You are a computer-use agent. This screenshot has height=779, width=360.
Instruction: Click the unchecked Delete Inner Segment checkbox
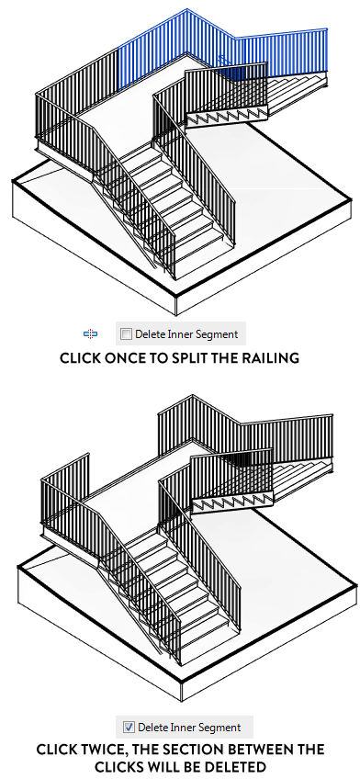(127, 334)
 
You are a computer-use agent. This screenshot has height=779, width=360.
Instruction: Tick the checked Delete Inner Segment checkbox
(129, 728)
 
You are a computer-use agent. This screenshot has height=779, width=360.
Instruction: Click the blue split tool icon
(90, 333)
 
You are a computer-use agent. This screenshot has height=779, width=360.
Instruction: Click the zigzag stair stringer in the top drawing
(228, 118)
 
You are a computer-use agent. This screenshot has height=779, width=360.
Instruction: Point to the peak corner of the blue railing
(186, 9)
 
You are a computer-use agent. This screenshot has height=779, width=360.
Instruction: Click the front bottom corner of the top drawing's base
(176, 314)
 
